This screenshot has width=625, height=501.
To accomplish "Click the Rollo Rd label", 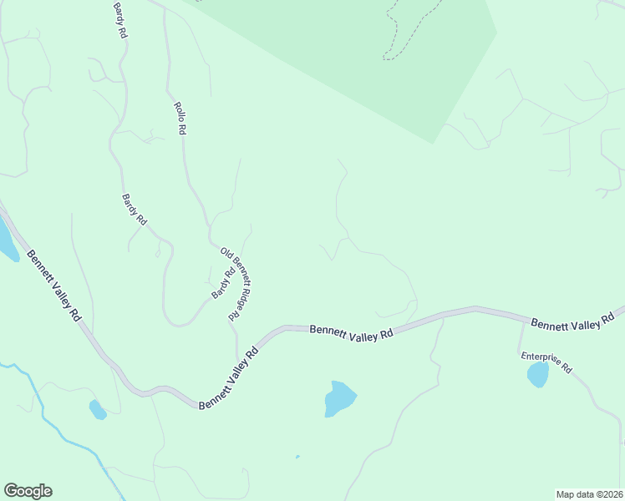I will tap(180, 119).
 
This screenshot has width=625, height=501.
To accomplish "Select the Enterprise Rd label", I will tap(546, 362).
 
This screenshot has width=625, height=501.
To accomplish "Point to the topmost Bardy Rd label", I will tap(120, 21).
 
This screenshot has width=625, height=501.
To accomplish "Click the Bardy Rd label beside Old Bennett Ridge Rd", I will tap(223, 282).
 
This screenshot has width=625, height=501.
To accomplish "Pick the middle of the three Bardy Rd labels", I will tap(135, 210).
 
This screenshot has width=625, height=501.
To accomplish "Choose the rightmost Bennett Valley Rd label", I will tap(572, 321).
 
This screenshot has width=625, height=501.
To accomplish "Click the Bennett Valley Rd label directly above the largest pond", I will tap(351, 331).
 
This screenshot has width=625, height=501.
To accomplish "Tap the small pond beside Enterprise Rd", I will tap(537, 374).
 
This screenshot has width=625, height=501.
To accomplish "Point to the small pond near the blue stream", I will tap(98, 409).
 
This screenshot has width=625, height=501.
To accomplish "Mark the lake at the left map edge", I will tap(7, 240).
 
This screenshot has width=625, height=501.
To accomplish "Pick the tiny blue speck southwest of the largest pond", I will tap(297, 457).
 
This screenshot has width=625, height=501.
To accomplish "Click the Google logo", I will tap(28, 491).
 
